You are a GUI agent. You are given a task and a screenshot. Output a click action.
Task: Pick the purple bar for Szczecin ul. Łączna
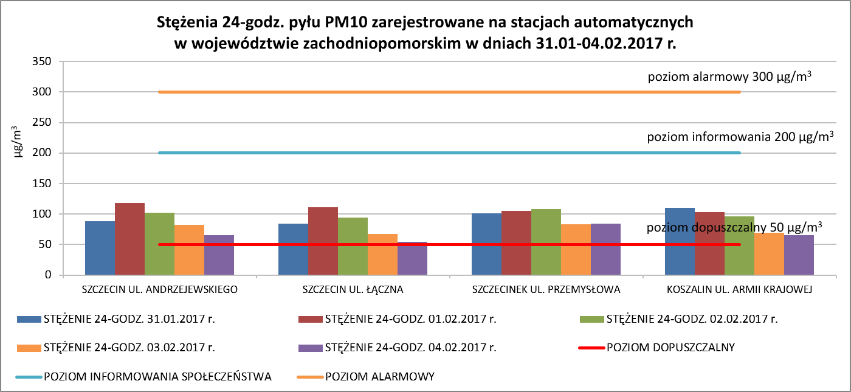click(412, 259)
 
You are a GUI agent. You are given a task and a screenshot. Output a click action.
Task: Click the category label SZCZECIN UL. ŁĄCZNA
click(353, 289)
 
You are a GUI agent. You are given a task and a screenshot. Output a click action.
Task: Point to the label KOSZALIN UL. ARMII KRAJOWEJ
click(739, 289)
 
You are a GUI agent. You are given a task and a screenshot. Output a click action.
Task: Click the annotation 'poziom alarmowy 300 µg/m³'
click(730, 77)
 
